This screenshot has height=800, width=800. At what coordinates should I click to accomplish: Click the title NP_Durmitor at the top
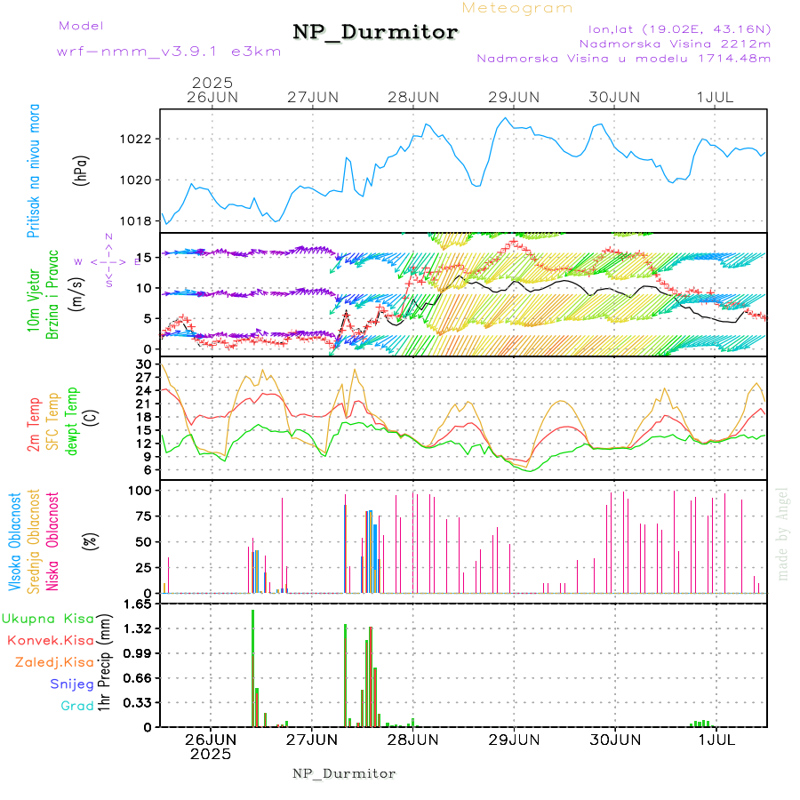click(375, 33)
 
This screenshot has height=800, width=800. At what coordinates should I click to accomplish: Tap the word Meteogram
click(517, 8)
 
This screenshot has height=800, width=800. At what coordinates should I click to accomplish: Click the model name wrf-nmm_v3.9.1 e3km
click(169, 51)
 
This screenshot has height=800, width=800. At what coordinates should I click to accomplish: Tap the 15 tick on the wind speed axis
click(145, 257)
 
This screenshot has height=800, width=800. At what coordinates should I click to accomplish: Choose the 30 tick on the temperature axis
click(145, 364)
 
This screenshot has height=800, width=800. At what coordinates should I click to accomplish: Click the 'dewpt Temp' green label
click(72, 418)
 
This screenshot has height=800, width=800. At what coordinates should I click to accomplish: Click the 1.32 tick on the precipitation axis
click(139, 628)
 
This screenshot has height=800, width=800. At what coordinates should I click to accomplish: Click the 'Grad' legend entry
click(76, 707)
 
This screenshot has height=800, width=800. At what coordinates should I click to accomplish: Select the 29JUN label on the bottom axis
click(514, 740)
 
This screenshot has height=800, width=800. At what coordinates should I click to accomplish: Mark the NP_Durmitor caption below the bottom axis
click(344, 773)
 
